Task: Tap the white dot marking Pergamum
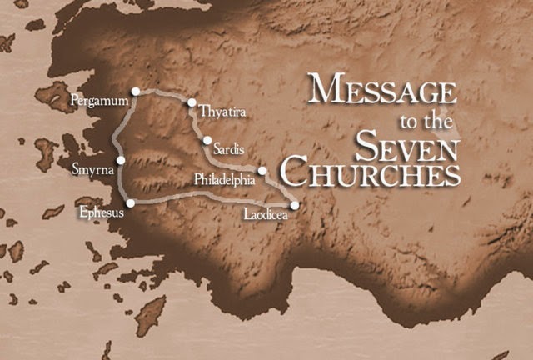tap(136, 90)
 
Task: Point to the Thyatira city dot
tap(192, 103)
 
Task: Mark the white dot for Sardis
tap(207, 141)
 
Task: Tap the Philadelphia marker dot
tap(262, 172)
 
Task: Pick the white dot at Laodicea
tap(294, 205)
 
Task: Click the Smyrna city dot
tap(121, 160)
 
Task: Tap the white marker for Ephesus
tap(130, 202)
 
